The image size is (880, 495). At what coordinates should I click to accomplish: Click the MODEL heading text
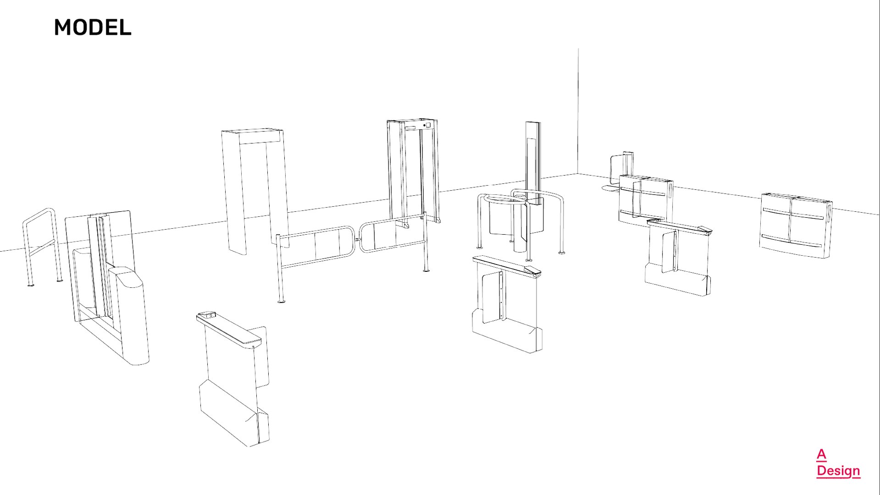coord(93,27)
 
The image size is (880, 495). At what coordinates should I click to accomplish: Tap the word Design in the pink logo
coord(838,471)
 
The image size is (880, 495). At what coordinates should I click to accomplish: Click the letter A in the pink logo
coord(821,454)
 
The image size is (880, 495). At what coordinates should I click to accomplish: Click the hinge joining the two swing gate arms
coord(357,239)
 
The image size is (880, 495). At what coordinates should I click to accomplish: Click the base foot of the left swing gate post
coord(281,301)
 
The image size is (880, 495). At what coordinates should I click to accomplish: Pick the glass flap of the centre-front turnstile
coord(492,296)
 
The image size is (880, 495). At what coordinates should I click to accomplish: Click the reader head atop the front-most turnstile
coord(207,315)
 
